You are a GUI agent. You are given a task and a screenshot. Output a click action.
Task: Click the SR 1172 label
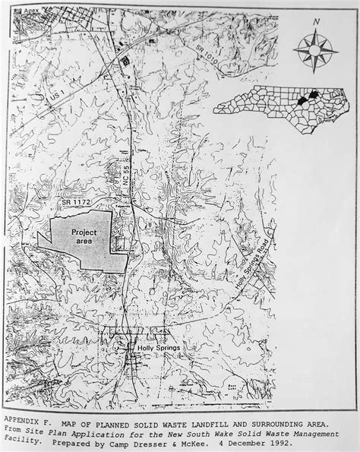[x=79, y=203]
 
